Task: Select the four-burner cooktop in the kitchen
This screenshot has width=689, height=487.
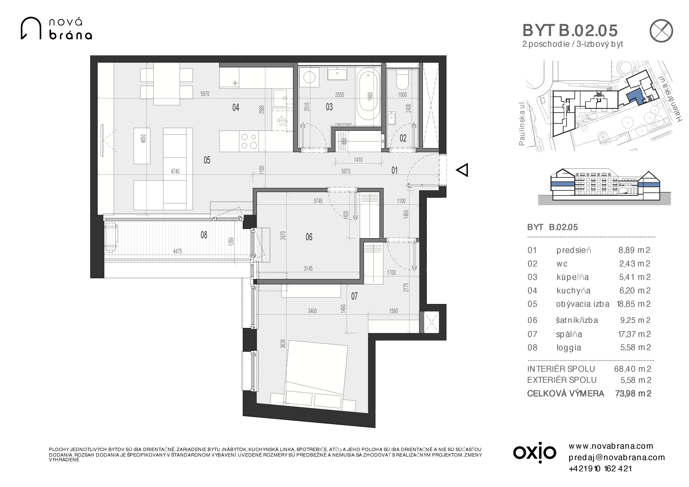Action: tap(249, 141)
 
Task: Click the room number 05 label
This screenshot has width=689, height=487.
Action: tap(207, 160)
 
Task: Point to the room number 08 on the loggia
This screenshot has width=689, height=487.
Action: tap(204, 235)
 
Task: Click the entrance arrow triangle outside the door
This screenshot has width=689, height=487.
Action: tap(462, 170)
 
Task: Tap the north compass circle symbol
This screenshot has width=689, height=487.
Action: tap(661, 31)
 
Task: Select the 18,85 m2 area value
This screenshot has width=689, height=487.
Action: tap(633, 304)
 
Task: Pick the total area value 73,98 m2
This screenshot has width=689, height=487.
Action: tap(633, 393)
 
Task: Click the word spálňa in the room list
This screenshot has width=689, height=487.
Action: tap(569, 334)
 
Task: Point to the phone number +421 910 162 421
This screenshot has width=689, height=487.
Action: tap(600, 469)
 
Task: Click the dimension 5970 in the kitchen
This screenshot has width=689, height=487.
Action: tap(205, 94)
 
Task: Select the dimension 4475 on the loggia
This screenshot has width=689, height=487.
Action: tap(177, 251)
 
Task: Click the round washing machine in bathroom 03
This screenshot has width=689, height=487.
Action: tap(309, 77)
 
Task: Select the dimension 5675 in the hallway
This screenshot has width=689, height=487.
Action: tap(346, 171)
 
